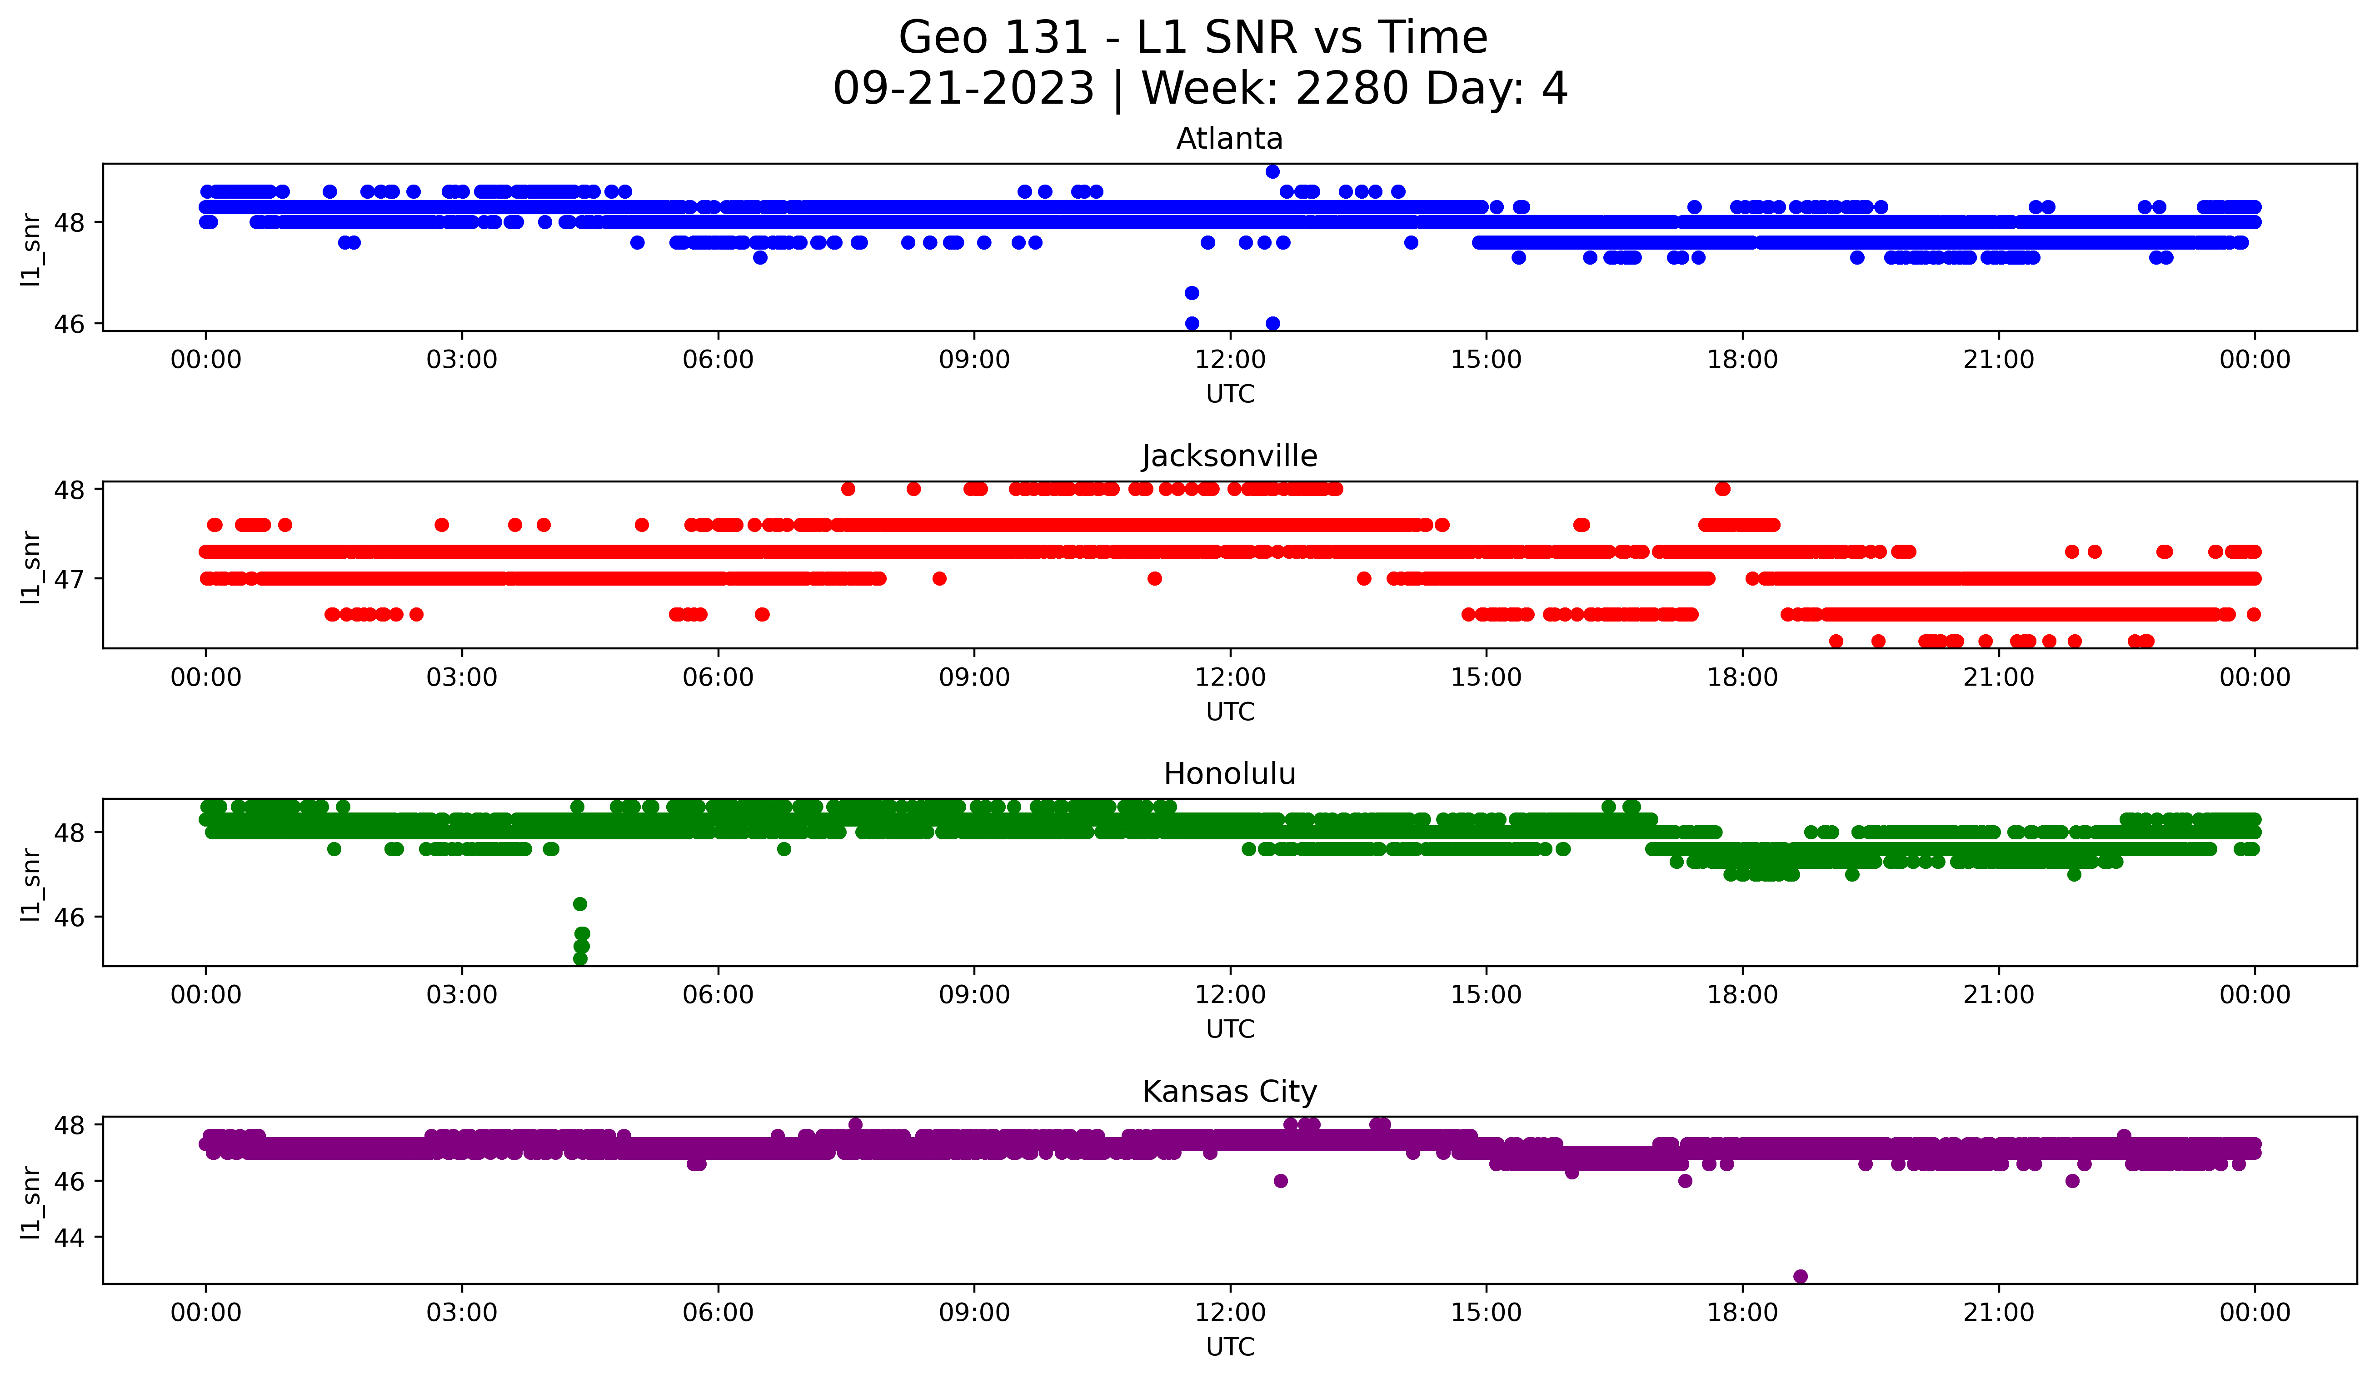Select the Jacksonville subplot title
coord(1229,456)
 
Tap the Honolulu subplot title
coord(1229,774)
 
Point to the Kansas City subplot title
coord(1229,1092)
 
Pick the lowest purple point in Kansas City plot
coord(1800,1276)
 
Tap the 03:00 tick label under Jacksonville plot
coord(462,677)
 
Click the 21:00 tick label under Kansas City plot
coord(1998,1312)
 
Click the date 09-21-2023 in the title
coord(963,89)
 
